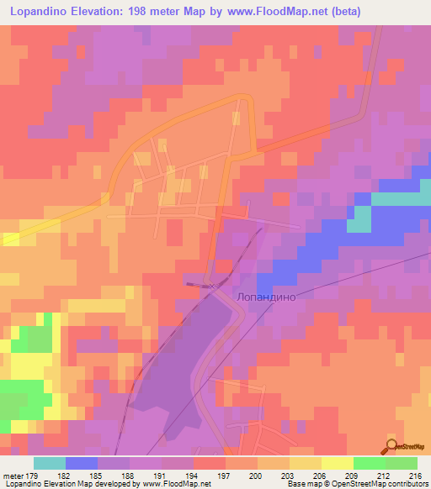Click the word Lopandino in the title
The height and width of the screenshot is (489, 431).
click(x=40, y=11)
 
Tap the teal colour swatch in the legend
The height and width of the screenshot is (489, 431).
click(x=50, y=463)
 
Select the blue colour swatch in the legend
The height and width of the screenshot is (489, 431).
click(x=82, y=463)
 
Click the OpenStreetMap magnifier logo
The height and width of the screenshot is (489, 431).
click(x=392, y=446)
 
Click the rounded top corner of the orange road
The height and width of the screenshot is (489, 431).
click(x=249, y=98)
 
